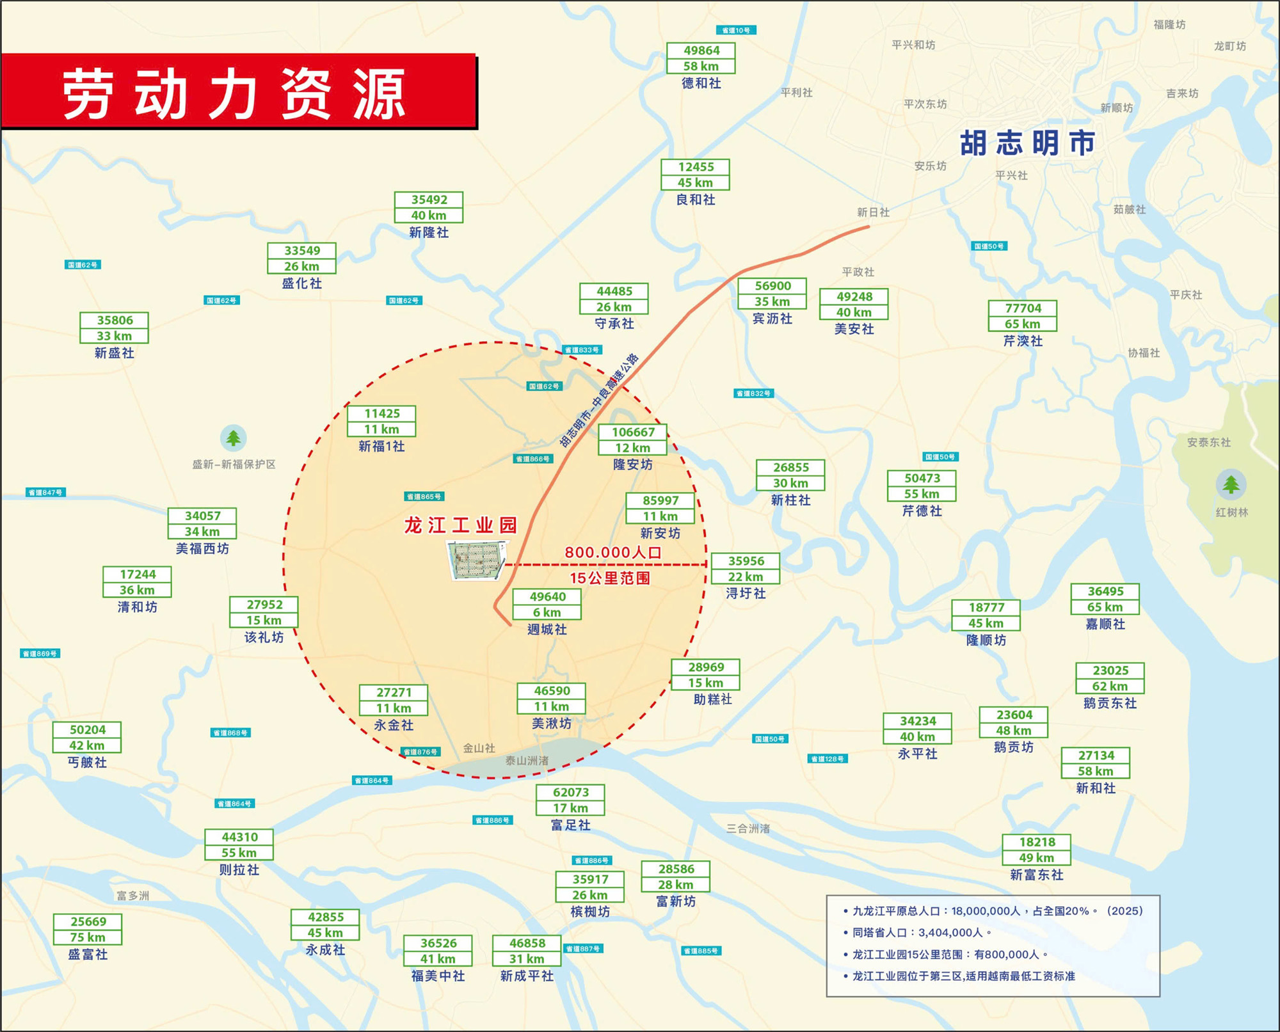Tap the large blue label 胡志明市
click(1028, 143)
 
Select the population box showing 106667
click(632, 432)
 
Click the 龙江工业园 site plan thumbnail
click(477, 560)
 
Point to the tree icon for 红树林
click(1231, 484)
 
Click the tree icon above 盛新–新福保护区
click(234, 438)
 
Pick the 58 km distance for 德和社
click(700, 67)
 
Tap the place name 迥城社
click(547, 630)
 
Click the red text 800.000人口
click(612, 552)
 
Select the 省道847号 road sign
click(46, 492)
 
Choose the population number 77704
click(1023, 308)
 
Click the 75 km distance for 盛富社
click(88, 937)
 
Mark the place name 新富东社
click(1036, 875)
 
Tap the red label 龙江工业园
click(460, 525)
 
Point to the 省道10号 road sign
click(736, 30)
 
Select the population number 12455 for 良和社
click(696, 167)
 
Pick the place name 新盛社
click(115, 353)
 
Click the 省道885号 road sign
click(701, 951)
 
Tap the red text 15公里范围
click(610, 578)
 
